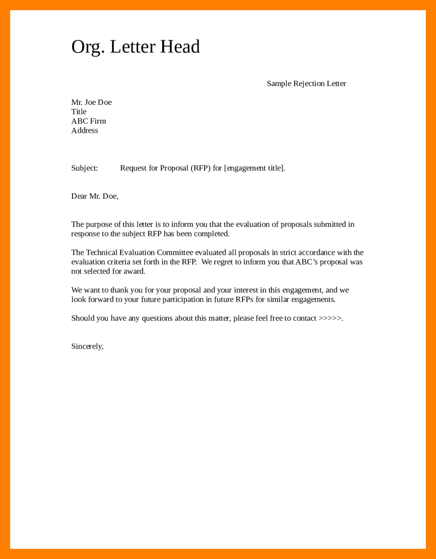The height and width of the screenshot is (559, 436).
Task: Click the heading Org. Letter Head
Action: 135,47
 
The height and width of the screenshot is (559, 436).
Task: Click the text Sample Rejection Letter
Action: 306,84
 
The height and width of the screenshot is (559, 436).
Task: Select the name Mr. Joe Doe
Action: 91,102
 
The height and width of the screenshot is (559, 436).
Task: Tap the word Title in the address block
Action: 79,112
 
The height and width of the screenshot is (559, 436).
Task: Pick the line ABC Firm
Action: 89,121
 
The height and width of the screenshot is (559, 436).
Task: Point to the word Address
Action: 85,130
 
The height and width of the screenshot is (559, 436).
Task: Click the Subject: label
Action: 85,168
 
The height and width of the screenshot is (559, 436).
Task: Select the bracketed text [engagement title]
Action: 254,168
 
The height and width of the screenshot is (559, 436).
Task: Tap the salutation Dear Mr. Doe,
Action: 95,196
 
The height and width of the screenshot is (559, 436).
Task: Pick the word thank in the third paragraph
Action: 119,290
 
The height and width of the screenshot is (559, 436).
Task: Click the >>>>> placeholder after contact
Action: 330,318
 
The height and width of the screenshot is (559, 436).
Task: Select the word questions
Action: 157,319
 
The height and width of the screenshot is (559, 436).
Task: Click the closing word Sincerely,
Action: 87,346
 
